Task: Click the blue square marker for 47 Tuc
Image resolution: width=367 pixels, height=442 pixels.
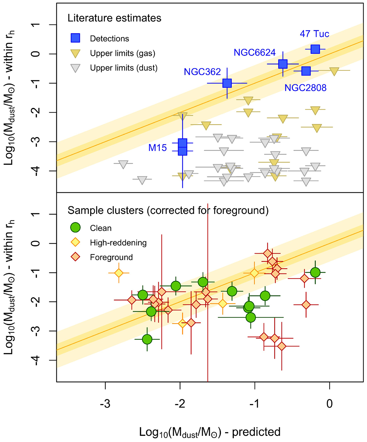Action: [315, 49]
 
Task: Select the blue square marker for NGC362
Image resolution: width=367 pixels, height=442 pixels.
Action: [227, 83]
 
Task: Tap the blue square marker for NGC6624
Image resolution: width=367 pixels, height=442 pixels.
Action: [283, 64]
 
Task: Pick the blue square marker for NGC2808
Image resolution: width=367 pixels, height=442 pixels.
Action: [306, 71]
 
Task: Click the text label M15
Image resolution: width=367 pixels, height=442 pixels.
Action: [158, 148]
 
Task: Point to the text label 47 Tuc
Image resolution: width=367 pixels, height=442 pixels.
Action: [314, 34]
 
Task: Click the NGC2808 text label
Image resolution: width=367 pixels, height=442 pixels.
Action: [305, 88]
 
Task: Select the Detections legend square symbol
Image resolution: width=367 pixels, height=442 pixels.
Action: [75, 38]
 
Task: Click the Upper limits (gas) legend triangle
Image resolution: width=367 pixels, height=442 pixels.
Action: [75, 53]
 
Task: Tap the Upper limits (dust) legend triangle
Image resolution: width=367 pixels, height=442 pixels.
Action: [75, 68]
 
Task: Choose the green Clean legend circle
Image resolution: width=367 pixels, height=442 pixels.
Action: [75, 228]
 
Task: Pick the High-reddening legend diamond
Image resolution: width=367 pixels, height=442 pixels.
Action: [75, 242]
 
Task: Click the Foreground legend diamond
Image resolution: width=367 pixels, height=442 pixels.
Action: [75, 257]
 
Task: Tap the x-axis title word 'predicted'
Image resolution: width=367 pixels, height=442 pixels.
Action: [256, 432]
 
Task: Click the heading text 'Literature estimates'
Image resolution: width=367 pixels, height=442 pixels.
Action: [114, 18]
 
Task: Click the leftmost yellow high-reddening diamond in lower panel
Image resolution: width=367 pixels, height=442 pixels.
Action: [119, 273]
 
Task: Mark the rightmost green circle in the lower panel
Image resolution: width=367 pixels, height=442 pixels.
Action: [315, 272]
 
